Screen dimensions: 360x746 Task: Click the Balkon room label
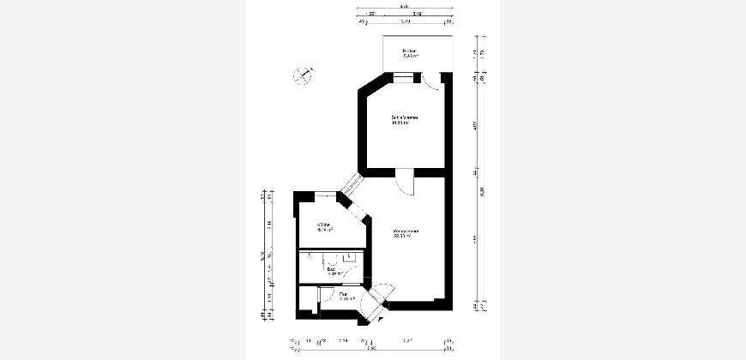[410, 52]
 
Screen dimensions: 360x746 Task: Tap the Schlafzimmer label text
[404, 117]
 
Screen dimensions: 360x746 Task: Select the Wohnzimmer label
[406, 231]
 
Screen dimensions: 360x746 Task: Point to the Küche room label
[324, 225]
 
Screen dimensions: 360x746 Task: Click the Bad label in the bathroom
[331, 268]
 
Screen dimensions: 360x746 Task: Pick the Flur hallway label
[344, 294]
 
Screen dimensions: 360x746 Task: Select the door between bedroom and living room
[406, 182]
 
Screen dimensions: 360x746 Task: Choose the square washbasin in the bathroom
[349, 256]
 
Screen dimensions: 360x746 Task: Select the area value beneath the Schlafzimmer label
[401, 123]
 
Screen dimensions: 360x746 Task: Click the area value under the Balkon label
[410, 58]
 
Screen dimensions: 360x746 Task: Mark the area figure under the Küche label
[325, 230]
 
